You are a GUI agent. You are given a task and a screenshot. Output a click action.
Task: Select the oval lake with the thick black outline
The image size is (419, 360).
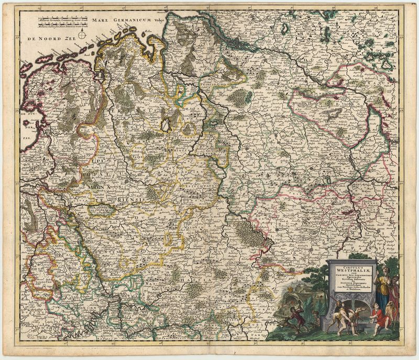coord(166,124)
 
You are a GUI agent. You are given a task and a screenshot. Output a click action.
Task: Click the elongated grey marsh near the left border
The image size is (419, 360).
coord(31,220)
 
